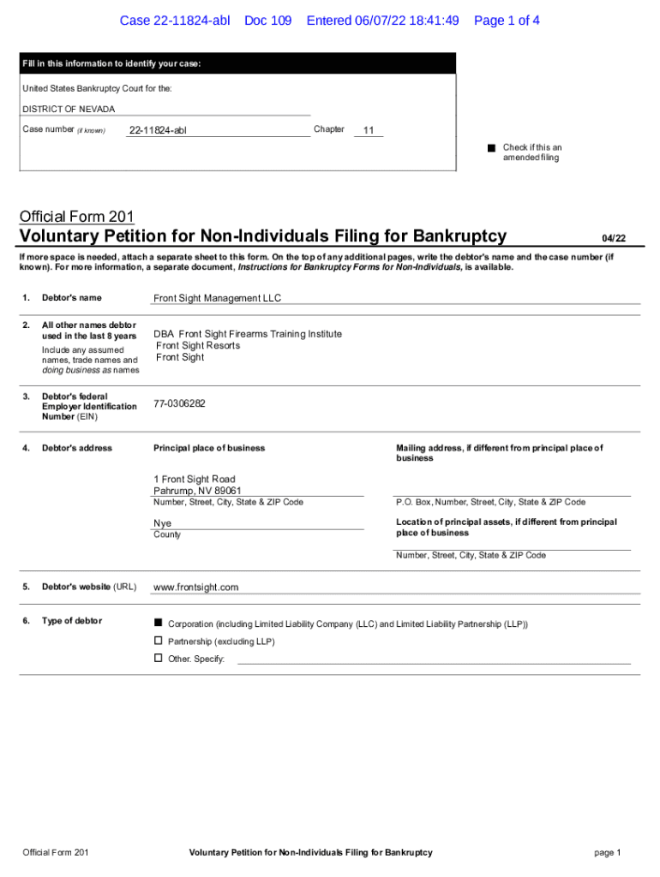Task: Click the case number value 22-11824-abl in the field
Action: [157, 130]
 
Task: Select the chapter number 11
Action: [369, 130]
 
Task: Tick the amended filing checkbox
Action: [492, 148]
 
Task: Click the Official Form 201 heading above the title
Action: [76, 217]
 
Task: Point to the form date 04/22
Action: [613, 238]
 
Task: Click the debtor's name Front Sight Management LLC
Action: [217, 298]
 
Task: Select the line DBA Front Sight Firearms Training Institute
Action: [248, 334]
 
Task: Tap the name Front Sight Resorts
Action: [198, 346]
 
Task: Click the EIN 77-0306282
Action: [179, 403]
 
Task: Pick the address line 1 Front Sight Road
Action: [194, 479]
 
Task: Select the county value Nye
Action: [162, 523]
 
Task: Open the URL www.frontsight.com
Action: [195, 588]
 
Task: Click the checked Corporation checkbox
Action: [158, 622]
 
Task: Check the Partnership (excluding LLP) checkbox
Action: [158, 641]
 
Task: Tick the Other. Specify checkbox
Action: [158, 658]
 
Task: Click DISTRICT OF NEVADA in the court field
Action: [68, 110]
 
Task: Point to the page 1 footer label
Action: [607, 852]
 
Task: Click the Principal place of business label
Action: [209, 448]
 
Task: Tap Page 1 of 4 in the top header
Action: [507, 21]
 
